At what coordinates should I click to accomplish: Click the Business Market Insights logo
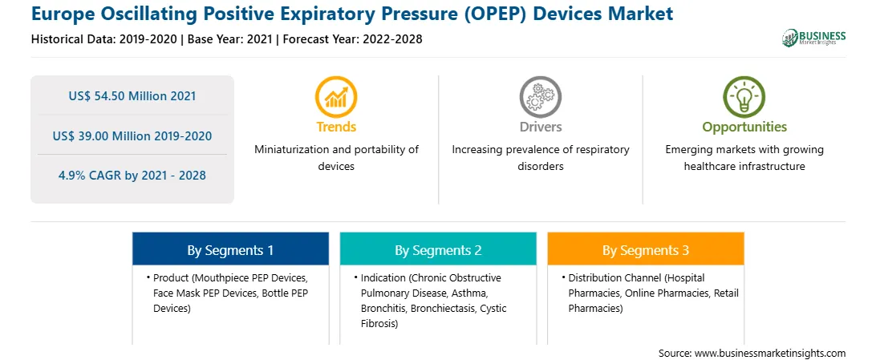pyautogui.click(x=813, y=38)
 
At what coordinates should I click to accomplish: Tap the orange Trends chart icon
pyautogui.click(x=336, y=96)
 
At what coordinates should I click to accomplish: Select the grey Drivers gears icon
pyautogui.click(x=540, y=96)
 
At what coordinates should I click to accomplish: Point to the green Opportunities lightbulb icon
pyautogui.click(x=744, y=96)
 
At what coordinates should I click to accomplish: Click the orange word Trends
pyautogui.click(x=336, y=127)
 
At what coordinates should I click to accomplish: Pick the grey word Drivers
pyautogui.click(x=540, y=127)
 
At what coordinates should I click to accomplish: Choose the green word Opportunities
pyautogui.click(x=744, y=127)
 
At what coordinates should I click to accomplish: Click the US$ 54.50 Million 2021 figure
pyautogui.click(x=132, y=96)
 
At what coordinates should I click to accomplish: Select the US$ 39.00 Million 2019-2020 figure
pyautogui.click(x=132, y=136)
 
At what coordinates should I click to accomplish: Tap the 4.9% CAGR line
pyautogui.click(x=132, y=176)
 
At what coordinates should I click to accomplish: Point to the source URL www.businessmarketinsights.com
pyautogui.click(x=770, y=353)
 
